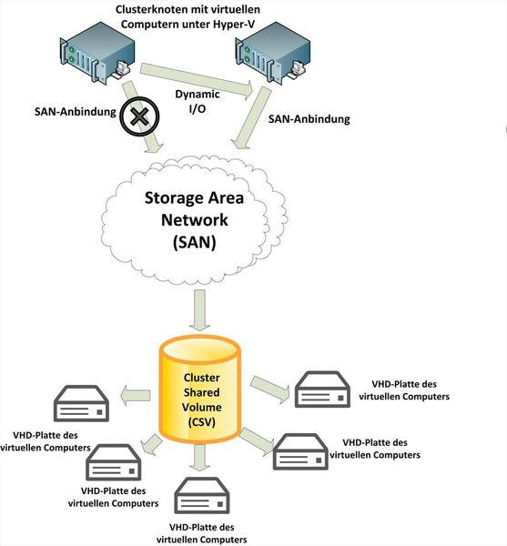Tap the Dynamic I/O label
(x=193, y=101)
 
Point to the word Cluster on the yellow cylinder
(x=201, y=377)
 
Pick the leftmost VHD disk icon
(x=80, y=403)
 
